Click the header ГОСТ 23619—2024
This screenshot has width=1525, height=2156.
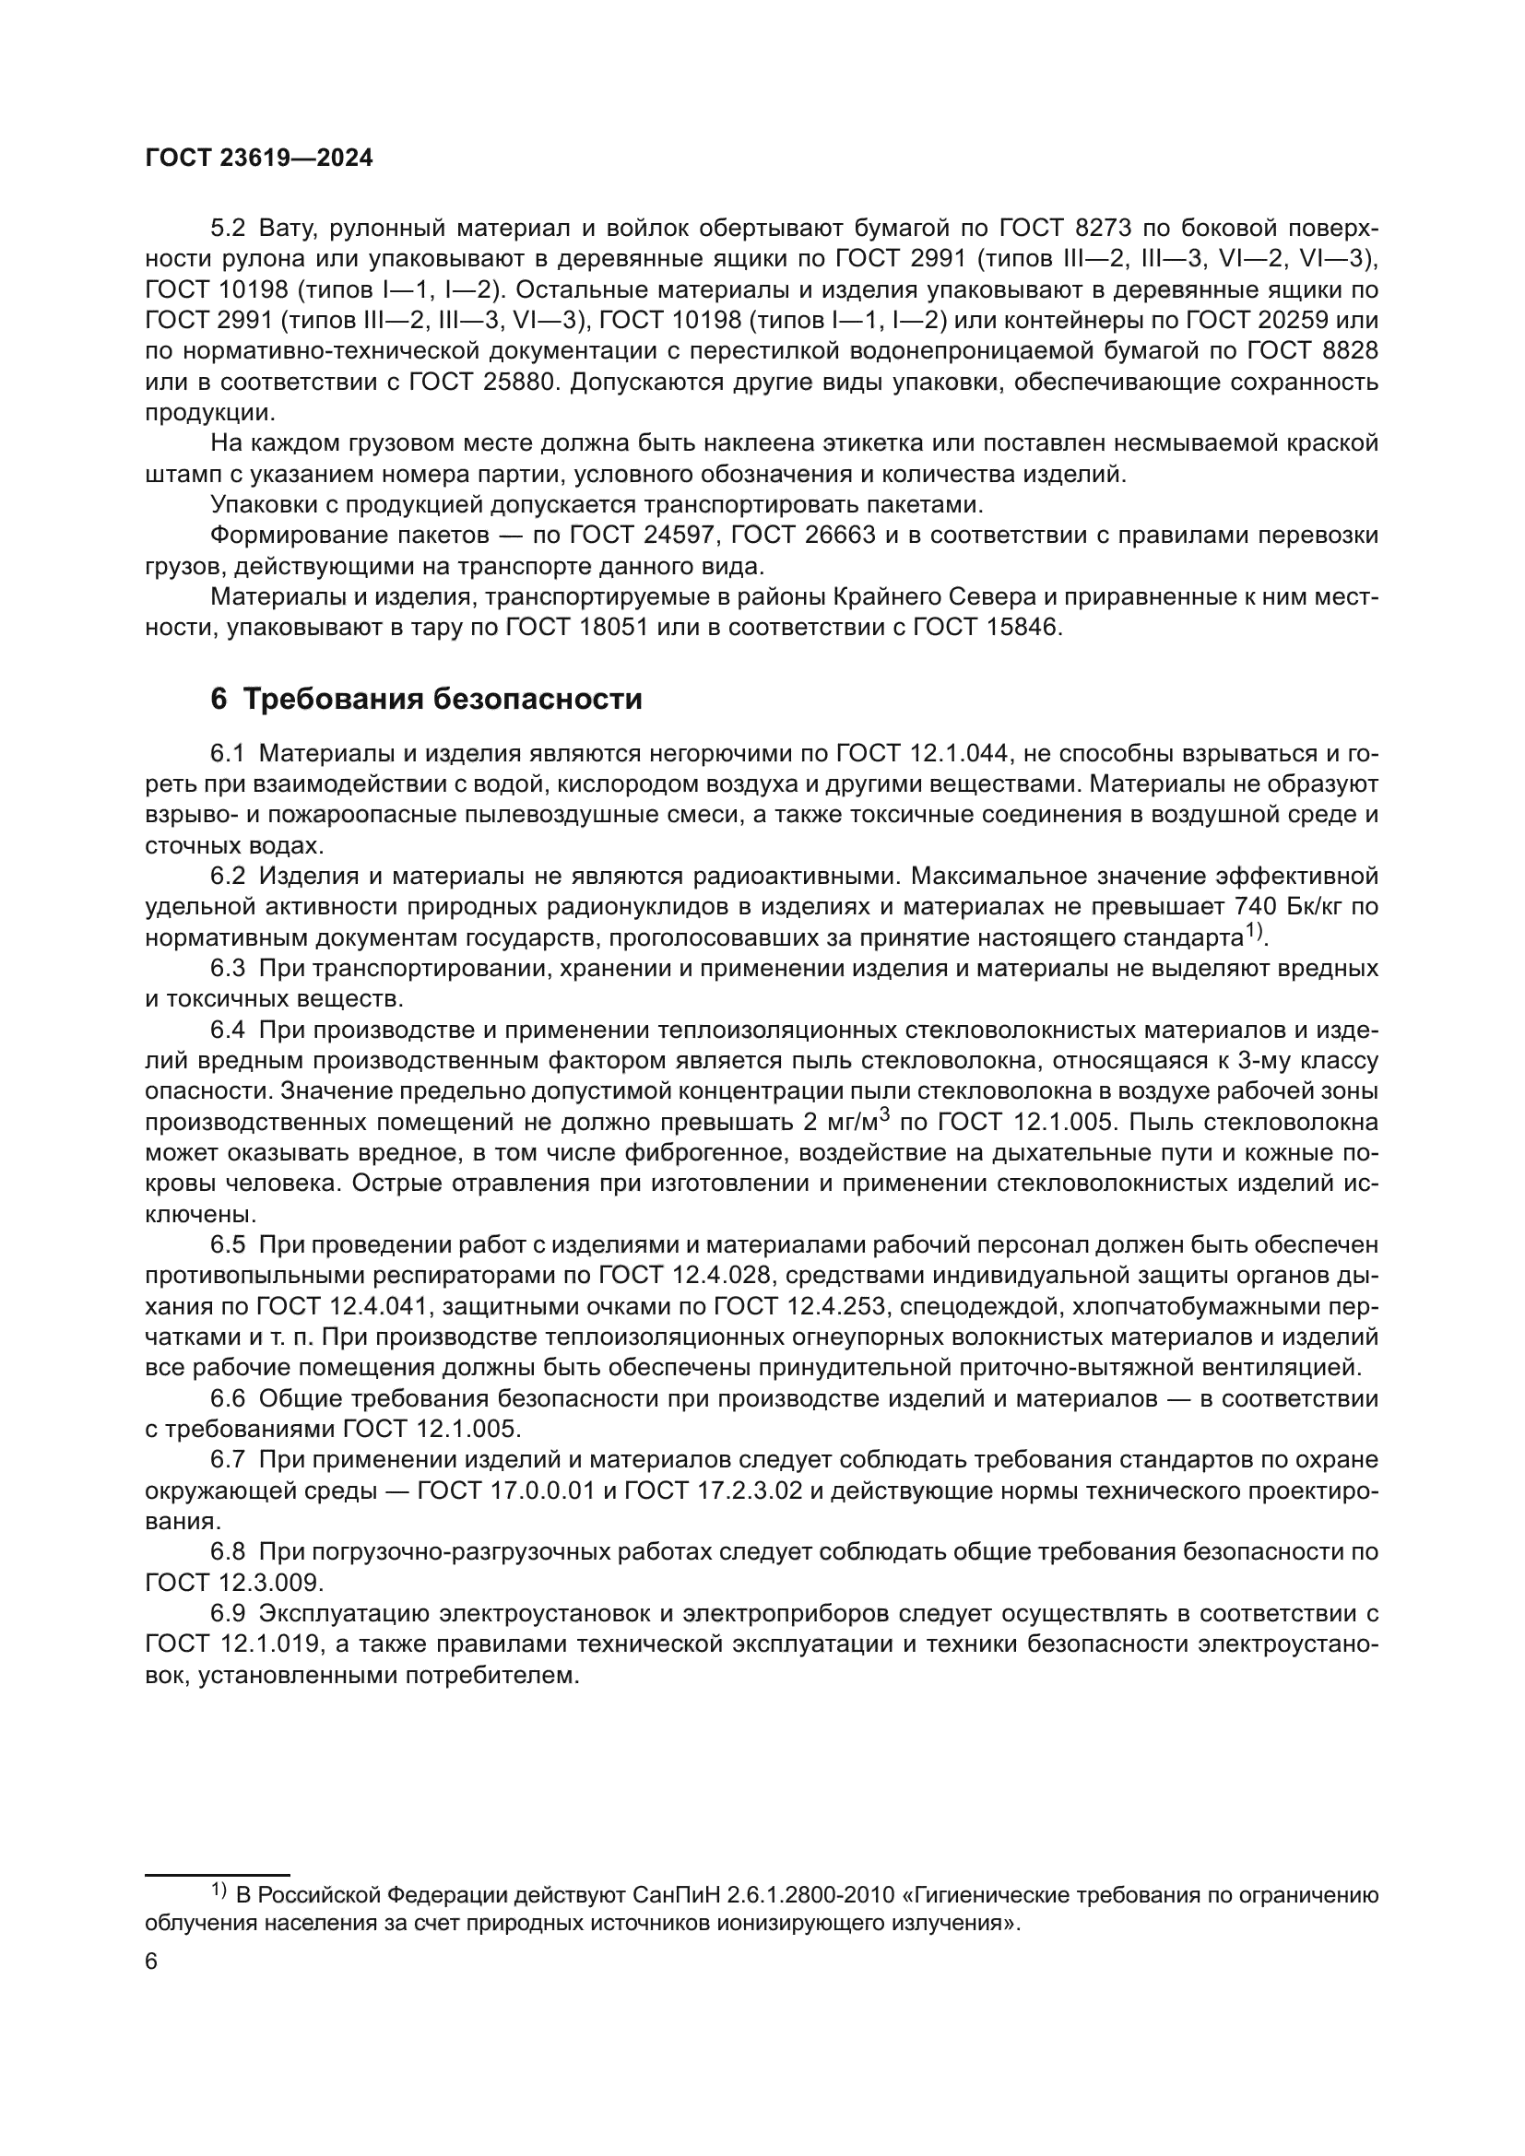click(259, 159)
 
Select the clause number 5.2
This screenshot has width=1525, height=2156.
click(227, 229)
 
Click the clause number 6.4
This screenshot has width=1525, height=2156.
click(227, 1031)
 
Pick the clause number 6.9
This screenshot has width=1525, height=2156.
click(227, 1614)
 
